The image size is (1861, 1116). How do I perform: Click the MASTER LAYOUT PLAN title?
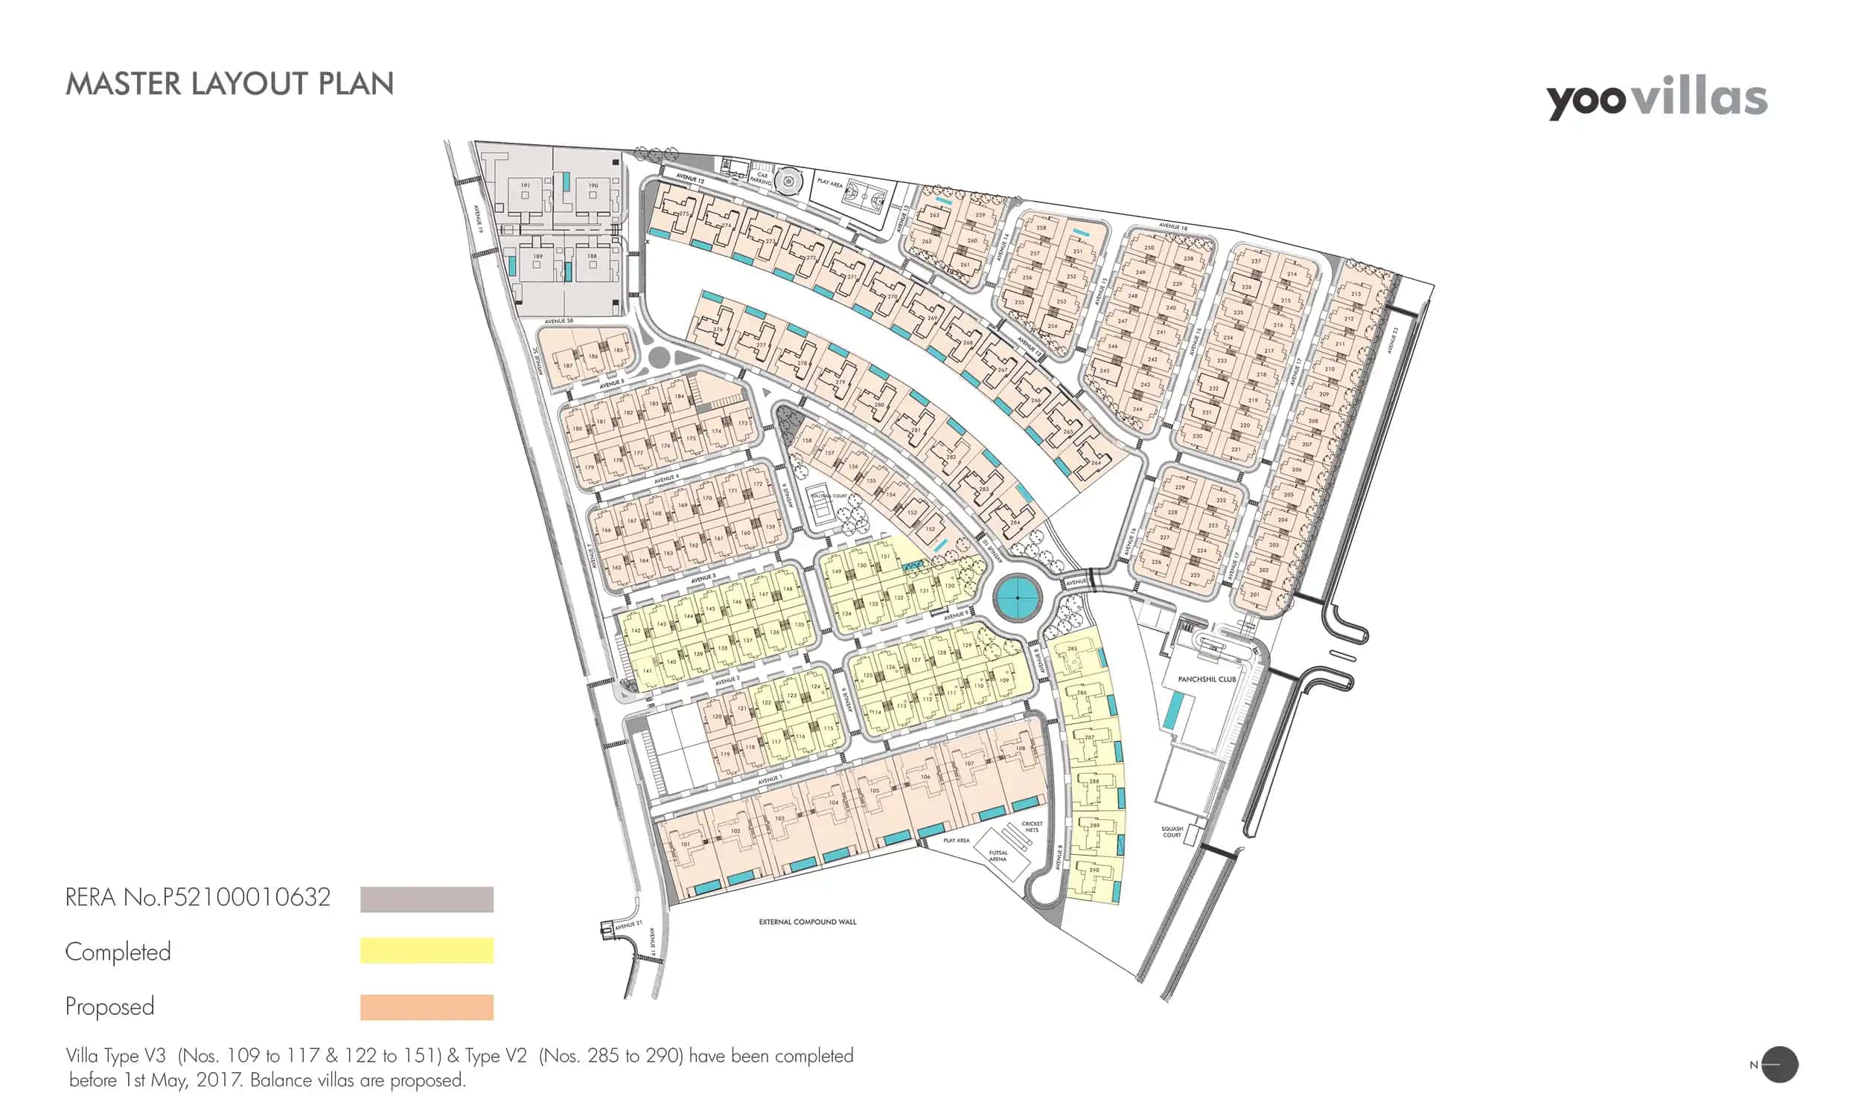[x=229, y=84]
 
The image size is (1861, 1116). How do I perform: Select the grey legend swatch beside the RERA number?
[x=427, y=899]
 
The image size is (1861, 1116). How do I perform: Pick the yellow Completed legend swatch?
[x=427, y=950]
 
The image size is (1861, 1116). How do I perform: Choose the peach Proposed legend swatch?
[x=427, y=1007]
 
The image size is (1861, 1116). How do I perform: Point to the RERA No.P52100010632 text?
[x=198, y=897]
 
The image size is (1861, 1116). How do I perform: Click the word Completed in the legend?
[x=118, y=952]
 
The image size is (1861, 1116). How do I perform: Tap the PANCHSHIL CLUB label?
[x=1207, y=679]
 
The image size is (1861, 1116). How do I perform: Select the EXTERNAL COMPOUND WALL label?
[x=807, y=921]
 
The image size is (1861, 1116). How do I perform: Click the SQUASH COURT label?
[x=1172, y=832]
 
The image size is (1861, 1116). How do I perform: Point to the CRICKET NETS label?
[x=1032, y=827]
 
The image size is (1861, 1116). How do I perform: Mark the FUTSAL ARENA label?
[x=997, y=856]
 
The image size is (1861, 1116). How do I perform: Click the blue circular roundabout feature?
[x=1018, y=598]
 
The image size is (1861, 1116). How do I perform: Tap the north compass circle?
[x=1780, y=1065]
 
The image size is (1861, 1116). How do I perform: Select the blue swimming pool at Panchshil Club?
[x=1172, y=710]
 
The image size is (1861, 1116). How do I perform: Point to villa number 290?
[x=1094, y=870]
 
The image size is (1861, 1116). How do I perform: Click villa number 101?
[x=686, y=844]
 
